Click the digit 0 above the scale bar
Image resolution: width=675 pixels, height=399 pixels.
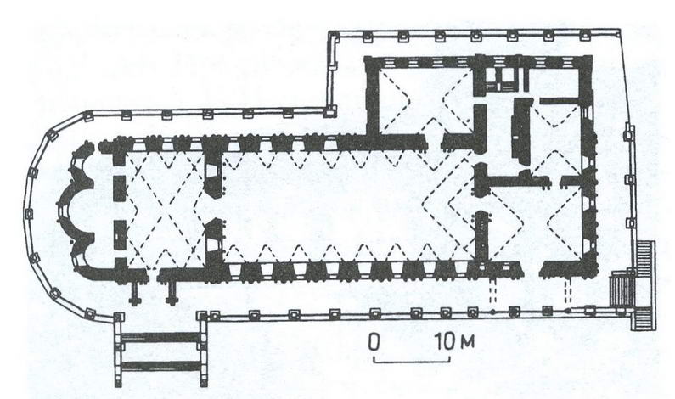[x=374, y=342]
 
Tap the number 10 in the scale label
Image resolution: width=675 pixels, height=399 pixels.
[x=443, y=342]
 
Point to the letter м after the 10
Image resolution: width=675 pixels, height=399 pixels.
[x=467, y=343]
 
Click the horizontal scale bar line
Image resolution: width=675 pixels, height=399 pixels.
[x=412, y=359]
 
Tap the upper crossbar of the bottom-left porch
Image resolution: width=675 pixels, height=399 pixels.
[x=161, y=337]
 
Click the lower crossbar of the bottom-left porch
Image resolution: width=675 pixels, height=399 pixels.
[x=161, y=366]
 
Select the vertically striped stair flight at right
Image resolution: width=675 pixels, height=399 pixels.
[x=620, y=287]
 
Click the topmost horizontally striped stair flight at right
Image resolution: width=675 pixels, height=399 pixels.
[x=647, y=256]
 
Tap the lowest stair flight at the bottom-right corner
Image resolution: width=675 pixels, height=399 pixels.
[x=644, y=318]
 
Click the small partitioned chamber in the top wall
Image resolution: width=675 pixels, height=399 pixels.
[x=501, y=80]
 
